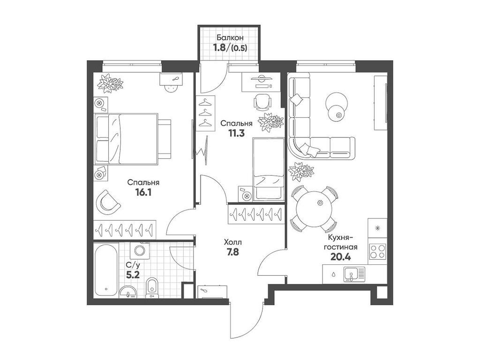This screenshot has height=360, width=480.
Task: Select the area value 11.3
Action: (x=237, y=133)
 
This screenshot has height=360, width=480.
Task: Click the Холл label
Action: (x=233, y=242)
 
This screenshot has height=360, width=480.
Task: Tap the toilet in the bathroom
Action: (x=152, y=287)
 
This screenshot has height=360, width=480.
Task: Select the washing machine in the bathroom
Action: (x=139, y=250)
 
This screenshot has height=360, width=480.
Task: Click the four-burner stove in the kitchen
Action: (x=377, y=254)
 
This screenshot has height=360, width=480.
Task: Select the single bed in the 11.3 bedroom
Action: (x=269, y=169)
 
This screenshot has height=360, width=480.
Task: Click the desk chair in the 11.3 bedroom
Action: (x=263, y=101)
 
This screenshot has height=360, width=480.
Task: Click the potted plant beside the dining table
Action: (x=300, y=171)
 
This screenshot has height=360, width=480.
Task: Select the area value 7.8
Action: (x=233, y=253)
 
